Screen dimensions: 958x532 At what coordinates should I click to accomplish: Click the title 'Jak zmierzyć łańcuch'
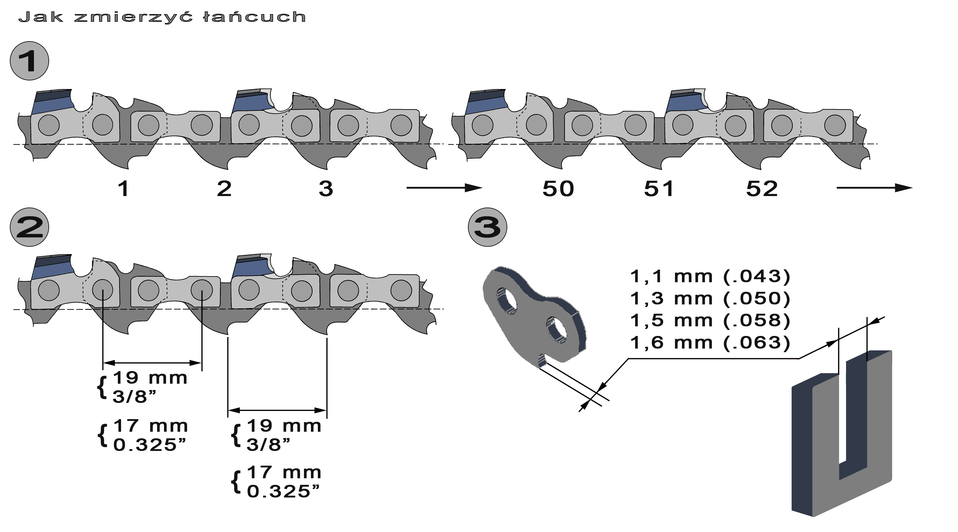[x=162, y=17]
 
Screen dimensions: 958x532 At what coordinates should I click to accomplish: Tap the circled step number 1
[x=29, y=61]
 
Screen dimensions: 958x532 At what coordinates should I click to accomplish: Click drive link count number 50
[x=558, y=189]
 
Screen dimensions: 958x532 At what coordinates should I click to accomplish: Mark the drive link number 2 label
[x=224, y=189]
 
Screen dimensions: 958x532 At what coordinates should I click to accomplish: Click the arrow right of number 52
[x=875, y=188]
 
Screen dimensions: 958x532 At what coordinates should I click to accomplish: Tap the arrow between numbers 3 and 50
[x=444, y=188]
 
